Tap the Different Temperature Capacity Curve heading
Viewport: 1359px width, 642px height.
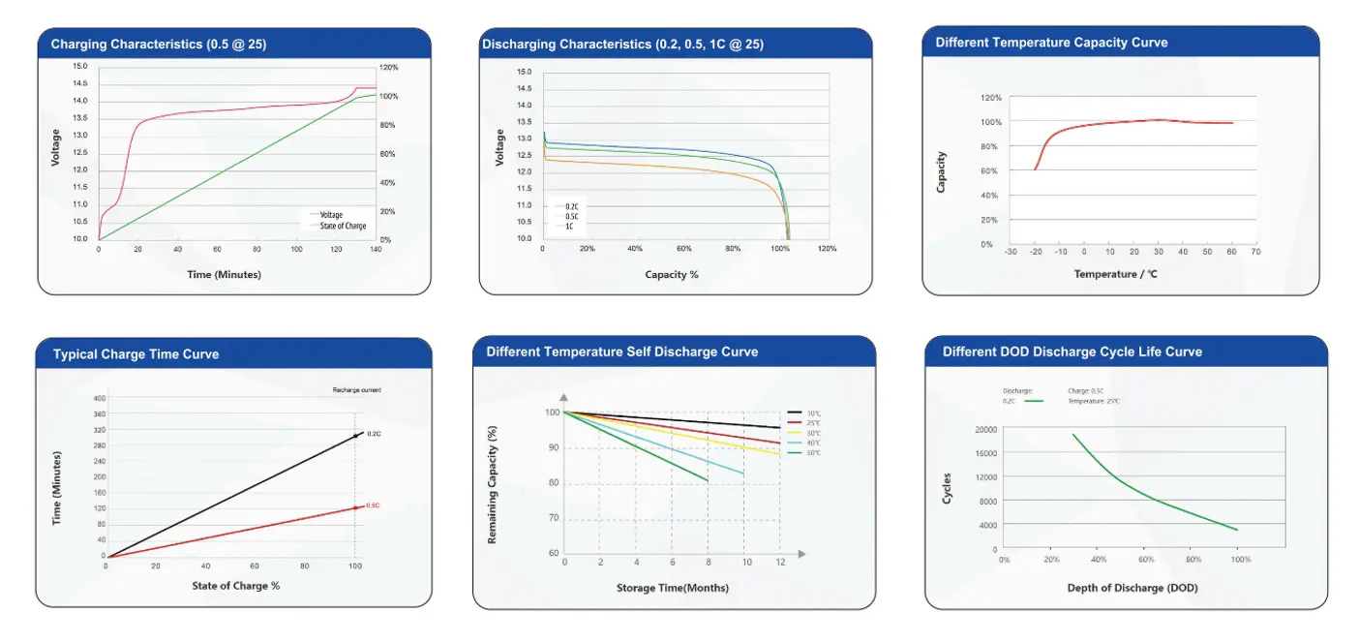[1051, 43]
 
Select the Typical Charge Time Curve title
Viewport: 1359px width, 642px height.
[136, 354]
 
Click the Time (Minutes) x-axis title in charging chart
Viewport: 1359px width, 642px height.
[224, 274]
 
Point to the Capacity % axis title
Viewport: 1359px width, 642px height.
[672, 274]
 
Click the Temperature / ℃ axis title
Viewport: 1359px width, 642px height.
[1114, 274]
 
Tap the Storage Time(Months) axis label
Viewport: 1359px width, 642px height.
[672, 588]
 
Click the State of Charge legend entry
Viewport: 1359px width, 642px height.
[343, 226]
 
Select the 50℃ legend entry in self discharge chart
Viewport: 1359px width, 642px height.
[813, 453]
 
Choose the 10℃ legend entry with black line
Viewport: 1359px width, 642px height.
[813, 413]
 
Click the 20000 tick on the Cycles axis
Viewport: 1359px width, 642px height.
[985, 429]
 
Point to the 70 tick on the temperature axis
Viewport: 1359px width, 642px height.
[1255, 252]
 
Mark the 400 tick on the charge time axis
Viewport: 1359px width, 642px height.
[99, 398]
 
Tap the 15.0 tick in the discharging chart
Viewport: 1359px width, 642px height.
[524, 72]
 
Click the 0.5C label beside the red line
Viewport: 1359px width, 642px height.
[373, 505]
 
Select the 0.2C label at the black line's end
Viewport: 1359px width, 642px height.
[374, 433]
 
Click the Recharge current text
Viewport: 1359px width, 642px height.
[356, 389]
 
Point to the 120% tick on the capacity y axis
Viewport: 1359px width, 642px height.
[991, 98]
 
